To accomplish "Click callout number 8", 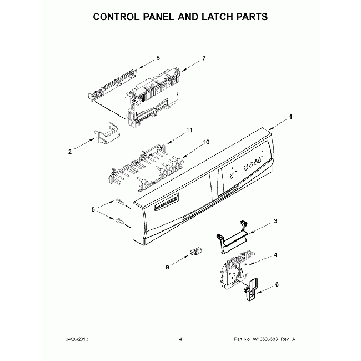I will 158,57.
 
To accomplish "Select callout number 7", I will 204,58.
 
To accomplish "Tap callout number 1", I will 290,118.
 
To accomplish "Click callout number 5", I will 93,210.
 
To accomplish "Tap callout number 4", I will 275,256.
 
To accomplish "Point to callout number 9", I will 166,267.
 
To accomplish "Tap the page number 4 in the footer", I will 180,339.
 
